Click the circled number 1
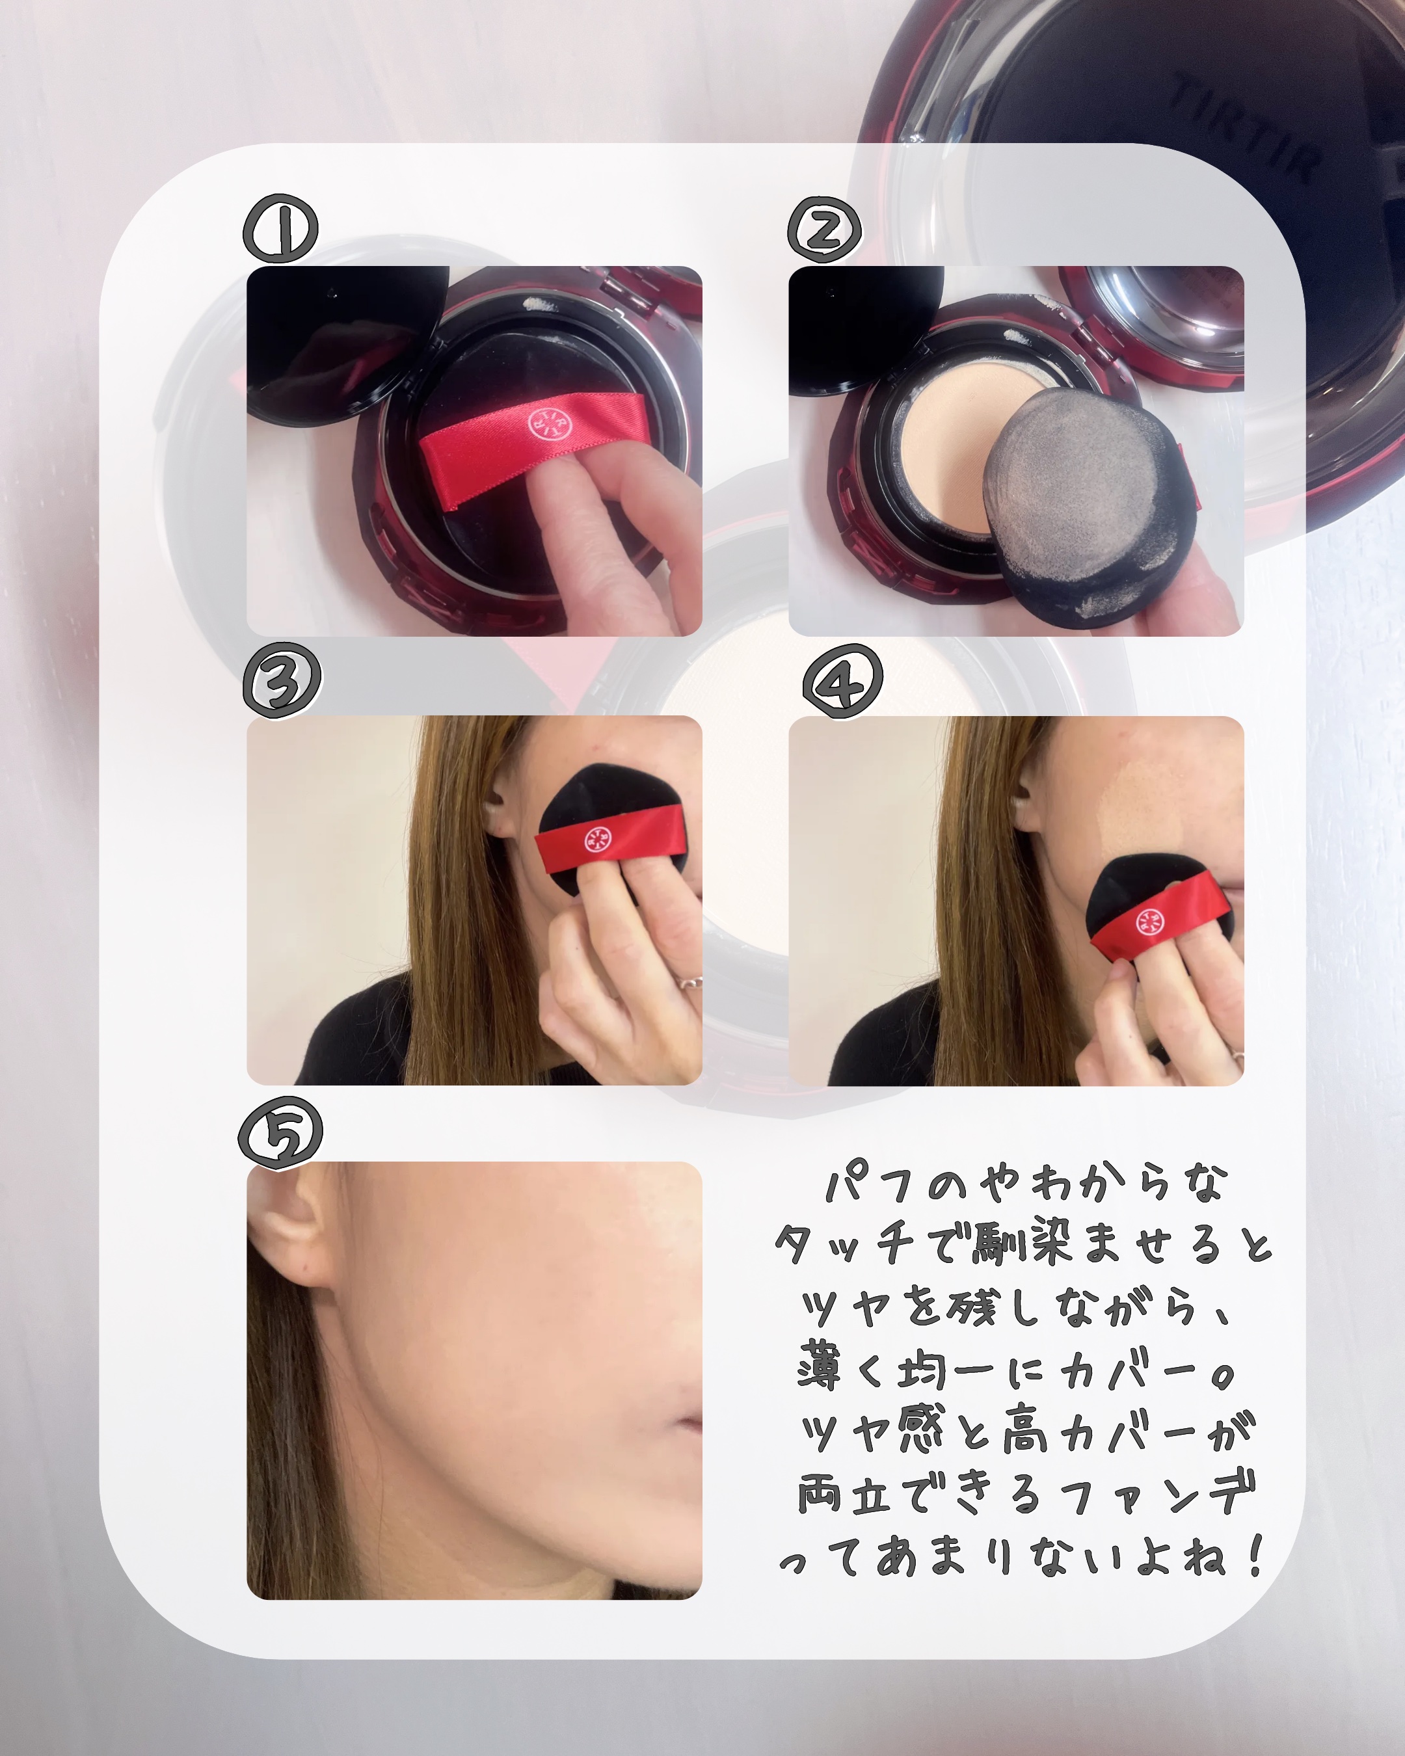tap(281, 229)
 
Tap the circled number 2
tap(824, 230)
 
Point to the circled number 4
tap(842, 682)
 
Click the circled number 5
tap(280, 1132)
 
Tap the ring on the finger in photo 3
tap(689, 981)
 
